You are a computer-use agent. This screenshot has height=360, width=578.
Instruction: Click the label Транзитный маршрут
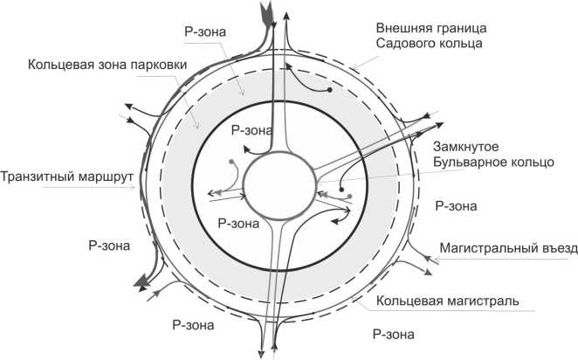point(66,175)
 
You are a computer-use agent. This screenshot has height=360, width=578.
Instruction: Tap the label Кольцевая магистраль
point(449,301)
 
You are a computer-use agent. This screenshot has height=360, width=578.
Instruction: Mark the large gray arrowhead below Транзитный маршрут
point(139,281)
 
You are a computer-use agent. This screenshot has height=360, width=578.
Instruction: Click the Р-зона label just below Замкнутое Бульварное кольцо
point(455,207)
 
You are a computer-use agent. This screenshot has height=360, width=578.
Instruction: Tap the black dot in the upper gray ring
point(328,90)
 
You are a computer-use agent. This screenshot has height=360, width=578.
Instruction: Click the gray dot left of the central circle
point(231,163)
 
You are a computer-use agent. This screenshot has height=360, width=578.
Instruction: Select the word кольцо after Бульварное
point(528,163)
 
